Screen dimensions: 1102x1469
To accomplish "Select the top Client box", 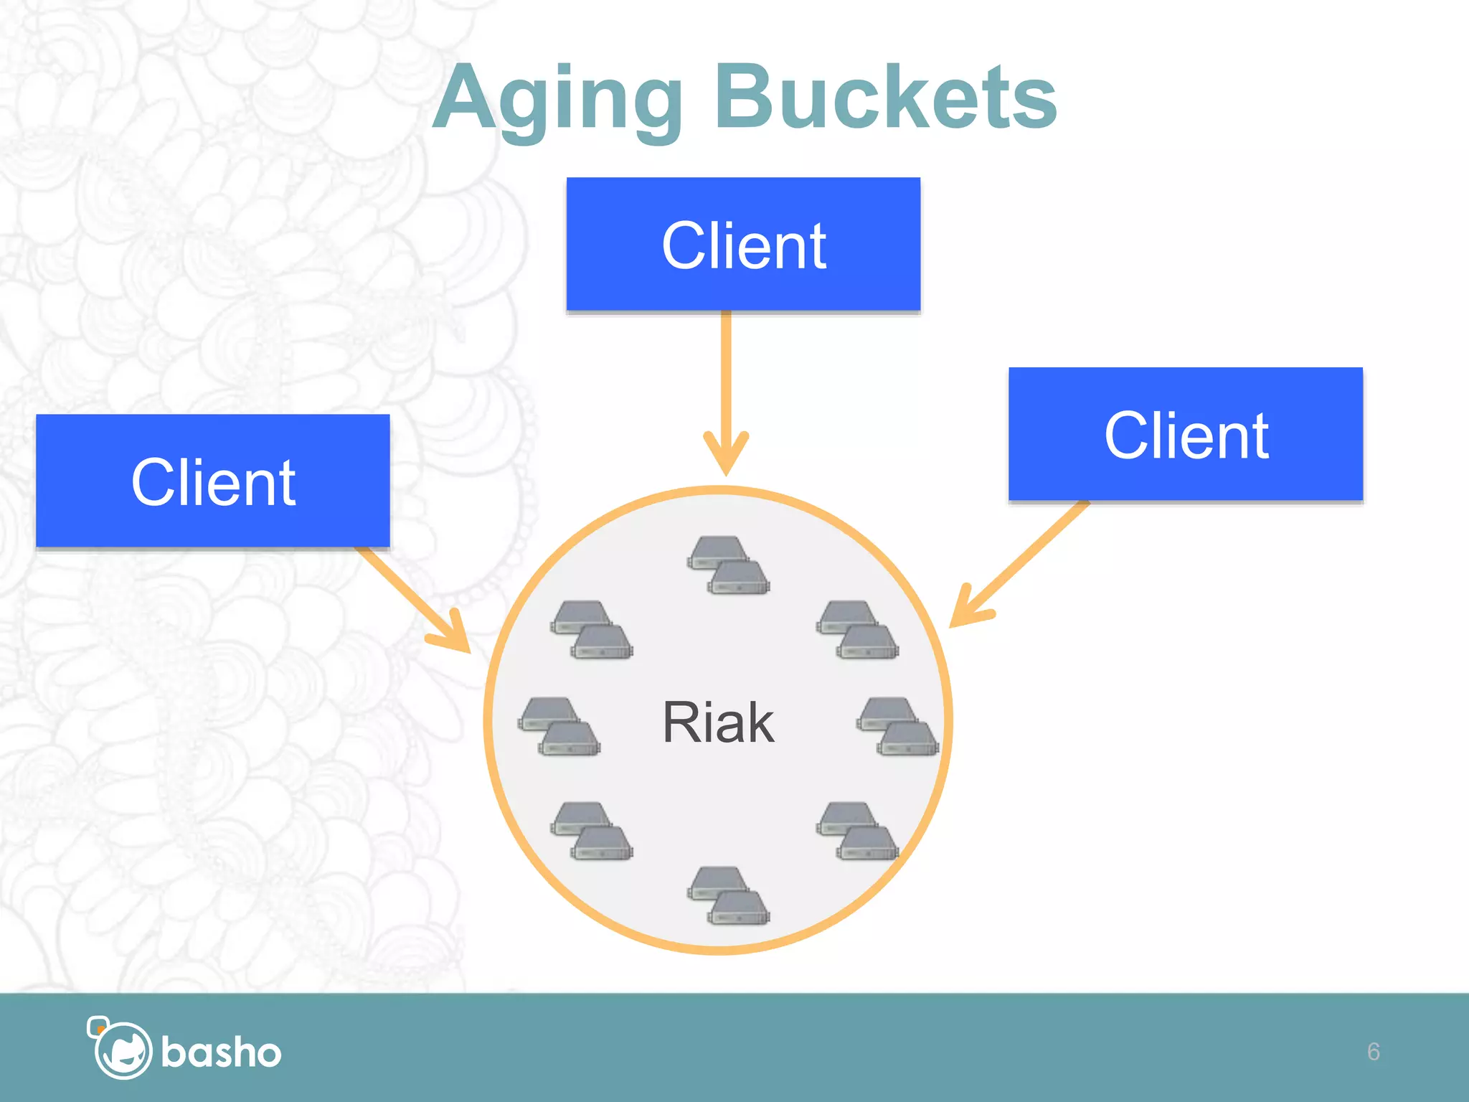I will [x=743, y=244].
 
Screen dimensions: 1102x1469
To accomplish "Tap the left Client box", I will [x=213, y=481].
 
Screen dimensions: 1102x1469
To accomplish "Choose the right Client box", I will [x=1186, y=434].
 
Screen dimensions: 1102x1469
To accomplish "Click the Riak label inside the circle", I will [x=718, y=722].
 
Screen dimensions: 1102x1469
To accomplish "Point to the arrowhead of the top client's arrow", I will [x=726, y=459].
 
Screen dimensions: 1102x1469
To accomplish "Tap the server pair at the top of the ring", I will [x=728, y=565].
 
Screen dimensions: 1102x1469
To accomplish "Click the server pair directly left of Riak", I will [x=559, y=726].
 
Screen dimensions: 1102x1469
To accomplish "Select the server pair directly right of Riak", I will [x=897, y=726].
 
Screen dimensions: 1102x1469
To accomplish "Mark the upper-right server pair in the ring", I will [x=857, y=629].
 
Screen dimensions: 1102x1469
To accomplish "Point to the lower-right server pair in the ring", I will [x=857, y=830].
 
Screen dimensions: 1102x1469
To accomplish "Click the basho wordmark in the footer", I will [x=221, y=1052].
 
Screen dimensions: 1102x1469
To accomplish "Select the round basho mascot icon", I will [x=122, y=1049].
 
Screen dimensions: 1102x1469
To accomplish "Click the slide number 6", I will [x=1373, y=1052].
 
